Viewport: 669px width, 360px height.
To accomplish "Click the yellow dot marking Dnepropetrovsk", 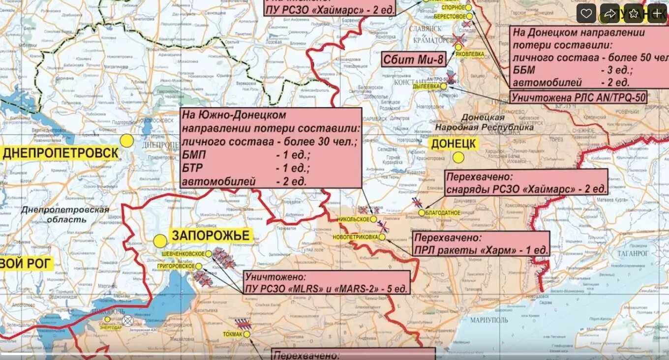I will pyautogui.click(x=127, y=141).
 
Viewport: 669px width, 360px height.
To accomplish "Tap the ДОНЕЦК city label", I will pyautogui.click(x=454, y=144).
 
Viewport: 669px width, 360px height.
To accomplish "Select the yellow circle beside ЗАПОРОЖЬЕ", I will pyautogui.click(x=160, y=241).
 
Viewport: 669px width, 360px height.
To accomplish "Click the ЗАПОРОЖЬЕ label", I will pyautogui.click(x=211, y=236).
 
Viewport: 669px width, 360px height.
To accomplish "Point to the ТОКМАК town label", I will pyautogui.click(x=232, y=334).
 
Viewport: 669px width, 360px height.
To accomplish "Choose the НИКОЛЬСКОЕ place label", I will pyautogui.click(x=353, y=219).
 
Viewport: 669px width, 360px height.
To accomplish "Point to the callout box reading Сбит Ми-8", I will pyautogui.click(x=414, y=60).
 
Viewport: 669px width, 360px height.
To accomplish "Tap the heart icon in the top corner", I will pyautogui.click(x=586, y=14).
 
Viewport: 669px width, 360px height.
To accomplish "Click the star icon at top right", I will pyautogui.click(x=634, y=14).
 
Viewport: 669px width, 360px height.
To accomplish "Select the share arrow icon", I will pyautogui.click(x=609, y=14).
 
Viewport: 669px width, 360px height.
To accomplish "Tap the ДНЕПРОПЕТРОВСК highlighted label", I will pyautogui.click(x=61, y=153).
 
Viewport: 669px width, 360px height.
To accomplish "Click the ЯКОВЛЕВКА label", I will pyautogui.click(x=469, y=54).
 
